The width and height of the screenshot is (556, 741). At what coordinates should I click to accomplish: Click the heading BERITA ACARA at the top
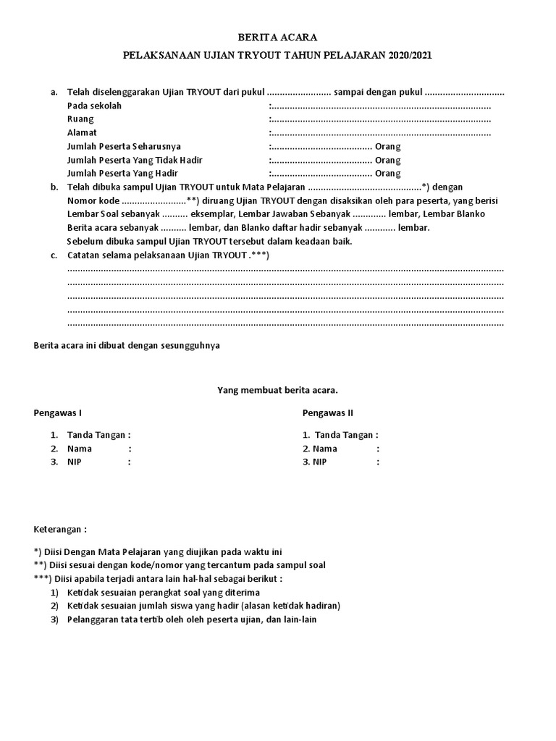[278, 37]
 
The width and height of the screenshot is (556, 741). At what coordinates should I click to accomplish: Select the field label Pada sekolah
[94, 106]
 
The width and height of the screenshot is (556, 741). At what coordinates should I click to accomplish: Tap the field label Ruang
[80, 119]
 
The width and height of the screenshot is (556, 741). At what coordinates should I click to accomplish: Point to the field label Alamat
[82, 133]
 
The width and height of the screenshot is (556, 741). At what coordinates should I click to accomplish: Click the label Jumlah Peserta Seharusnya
[124, 146]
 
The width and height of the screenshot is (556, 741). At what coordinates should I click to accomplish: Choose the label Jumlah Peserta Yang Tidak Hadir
[132, 160]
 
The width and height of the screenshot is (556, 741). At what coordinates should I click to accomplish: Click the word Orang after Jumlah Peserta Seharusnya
[387, 146]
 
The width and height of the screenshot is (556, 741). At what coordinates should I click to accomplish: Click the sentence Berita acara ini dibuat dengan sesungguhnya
[127, 346]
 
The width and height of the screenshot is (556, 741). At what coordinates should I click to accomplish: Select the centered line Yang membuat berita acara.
[278, 391]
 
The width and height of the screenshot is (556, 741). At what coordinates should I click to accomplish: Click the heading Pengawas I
[58, 413]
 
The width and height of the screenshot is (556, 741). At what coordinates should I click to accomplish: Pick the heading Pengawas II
[328, 413]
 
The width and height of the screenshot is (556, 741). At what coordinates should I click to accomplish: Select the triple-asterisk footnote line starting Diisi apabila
[159, 579]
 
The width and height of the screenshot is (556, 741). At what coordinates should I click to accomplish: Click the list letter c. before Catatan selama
[54, 255]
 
